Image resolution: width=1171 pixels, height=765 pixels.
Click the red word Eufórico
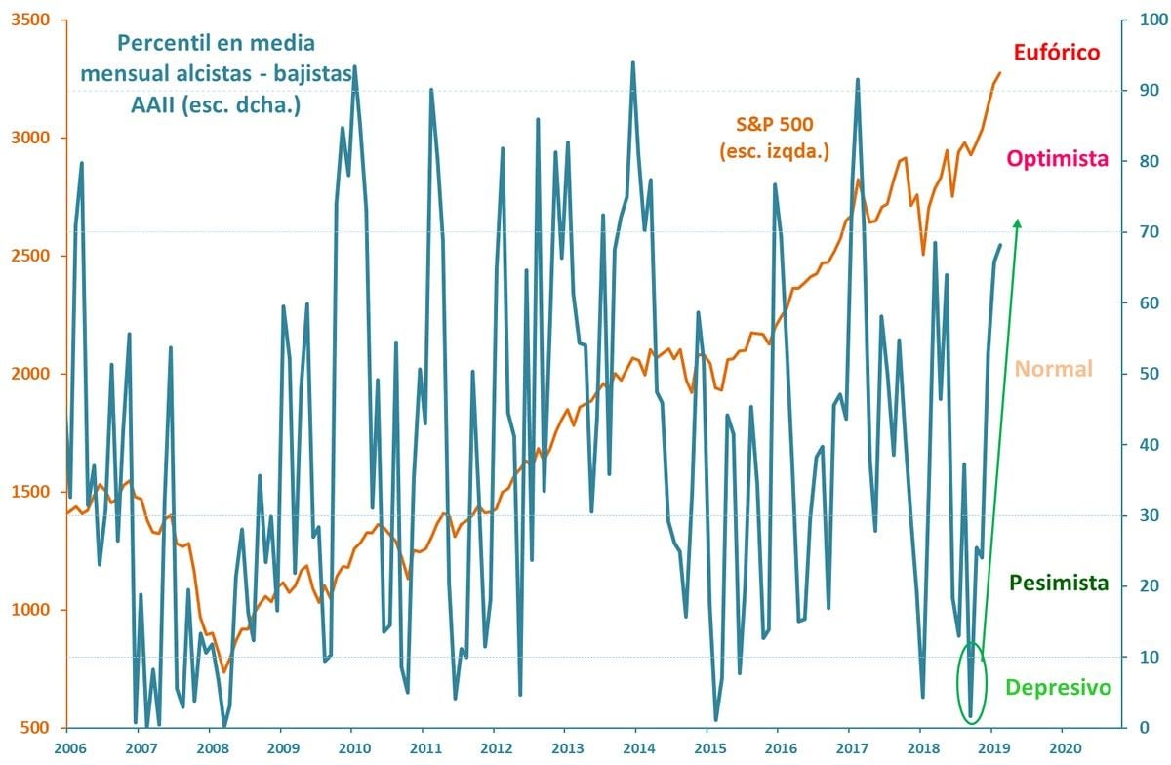[x=1057, y=52]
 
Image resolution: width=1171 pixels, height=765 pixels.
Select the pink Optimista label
[x=1059, y=158]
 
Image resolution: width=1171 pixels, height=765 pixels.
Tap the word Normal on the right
[x=1053, y=369]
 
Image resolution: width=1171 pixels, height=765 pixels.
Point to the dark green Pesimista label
[x=1059, y=584]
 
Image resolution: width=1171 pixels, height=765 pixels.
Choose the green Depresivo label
[x=1058, y=688]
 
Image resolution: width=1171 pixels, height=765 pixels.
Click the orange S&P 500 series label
[x=775, y=124]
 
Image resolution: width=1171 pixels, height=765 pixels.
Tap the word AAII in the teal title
[x=154, y=105]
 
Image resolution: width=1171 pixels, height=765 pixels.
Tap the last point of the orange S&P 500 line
[x=1000, y=73]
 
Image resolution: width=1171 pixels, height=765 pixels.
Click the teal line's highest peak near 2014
[x=633, y=62]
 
